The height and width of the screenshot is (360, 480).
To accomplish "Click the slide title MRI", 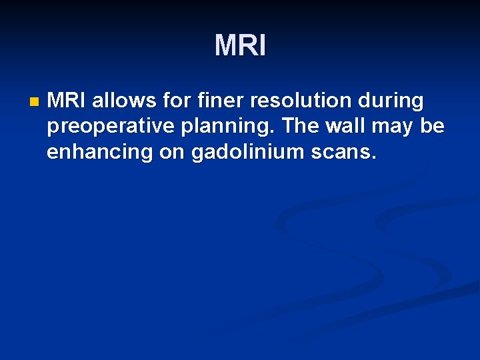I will [240, 45].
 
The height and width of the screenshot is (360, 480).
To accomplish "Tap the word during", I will [391, 101].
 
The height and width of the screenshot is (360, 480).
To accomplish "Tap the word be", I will [433, 126].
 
